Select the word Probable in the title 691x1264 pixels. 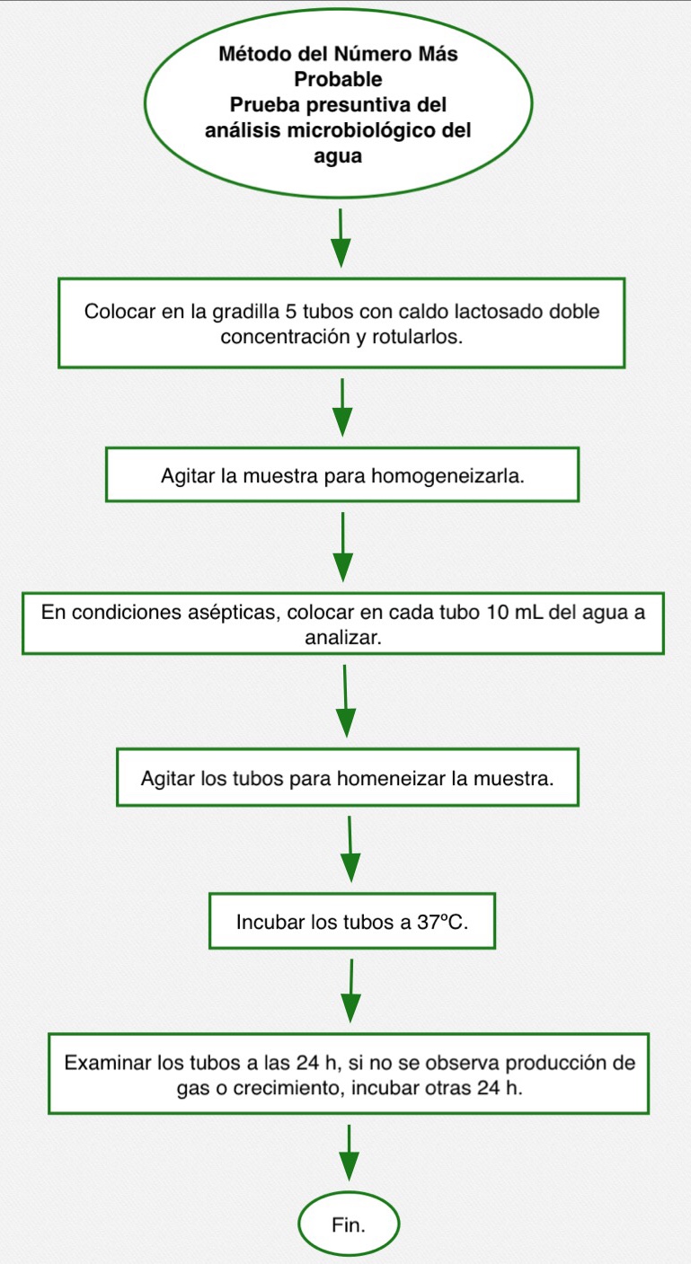(x=338, y=79)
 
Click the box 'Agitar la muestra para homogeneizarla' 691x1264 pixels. (x=342, y=474)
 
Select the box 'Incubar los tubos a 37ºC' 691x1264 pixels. (x=352, y=922)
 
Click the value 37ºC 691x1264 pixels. (x=443, y=922)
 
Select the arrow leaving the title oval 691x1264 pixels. (x=341, y=238)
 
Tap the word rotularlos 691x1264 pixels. (x=417, y=337)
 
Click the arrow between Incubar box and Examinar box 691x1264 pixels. (x=351, y=991)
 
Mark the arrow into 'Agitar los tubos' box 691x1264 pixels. (x=345, y=701)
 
